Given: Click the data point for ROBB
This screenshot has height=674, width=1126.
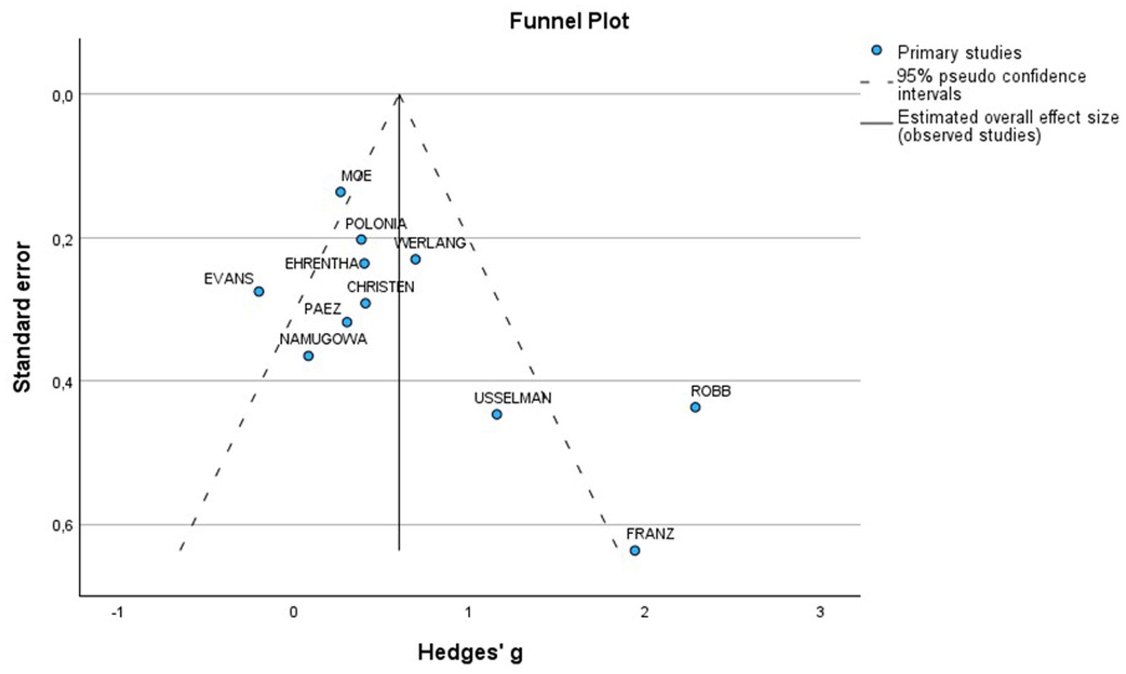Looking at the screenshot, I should [x=695, y=407].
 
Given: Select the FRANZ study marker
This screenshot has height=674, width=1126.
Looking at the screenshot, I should [x=635, y=551].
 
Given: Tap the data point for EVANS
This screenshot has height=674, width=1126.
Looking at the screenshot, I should [x=258, y=291].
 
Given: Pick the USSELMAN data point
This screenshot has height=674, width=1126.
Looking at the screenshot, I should [x=496, y=415].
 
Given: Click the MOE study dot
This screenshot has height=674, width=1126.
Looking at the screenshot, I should [x=340, y=192].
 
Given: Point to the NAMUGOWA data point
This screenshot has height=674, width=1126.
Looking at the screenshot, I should [x=308, y=356].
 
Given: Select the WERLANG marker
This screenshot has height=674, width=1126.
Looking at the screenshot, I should [x=415, y=259].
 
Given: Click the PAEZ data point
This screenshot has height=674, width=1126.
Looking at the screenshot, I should [x=346, y=322].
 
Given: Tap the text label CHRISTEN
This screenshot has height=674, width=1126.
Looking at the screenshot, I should [x=380, y=287].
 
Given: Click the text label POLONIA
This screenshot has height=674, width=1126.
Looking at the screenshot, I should [x=376, y=224].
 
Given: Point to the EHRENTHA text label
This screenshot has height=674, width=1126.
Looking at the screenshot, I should [x=321, y=264].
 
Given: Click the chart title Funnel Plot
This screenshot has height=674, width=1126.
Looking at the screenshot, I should [x=568, y=21].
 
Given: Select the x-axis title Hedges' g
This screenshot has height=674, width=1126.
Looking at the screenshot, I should [x=470, y=652].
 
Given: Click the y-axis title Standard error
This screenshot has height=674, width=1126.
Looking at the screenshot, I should [x=23, y=318].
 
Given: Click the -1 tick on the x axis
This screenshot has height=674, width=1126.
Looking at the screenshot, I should [x=117, y=613].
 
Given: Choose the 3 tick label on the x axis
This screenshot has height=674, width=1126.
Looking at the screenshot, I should [x=820, y=613].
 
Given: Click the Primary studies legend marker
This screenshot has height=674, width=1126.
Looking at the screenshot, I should [x=876, y=51].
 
